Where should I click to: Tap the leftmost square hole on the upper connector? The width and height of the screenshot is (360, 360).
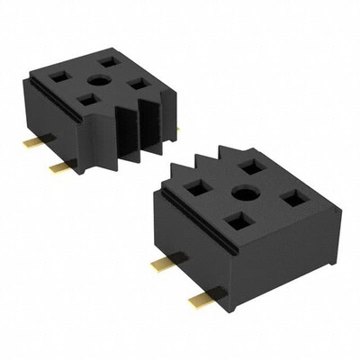pyautogui.click(x=66, y=76)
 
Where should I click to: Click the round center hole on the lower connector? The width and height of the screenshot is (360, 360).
pyautogui.click(x=241, y=193)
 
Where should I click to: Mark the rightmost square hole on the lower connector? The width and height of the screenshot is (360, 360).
pyautogui.click(x=292, y=197)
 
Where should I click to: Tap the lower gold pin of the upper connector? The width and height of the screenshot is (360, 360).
pyautogui.click(x=60, y=166)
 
